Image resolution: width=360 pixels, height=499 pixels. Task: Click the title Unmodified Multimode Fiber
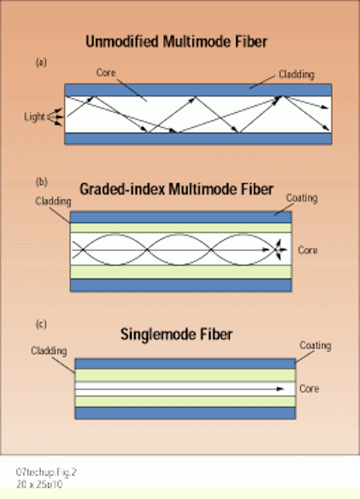(x=176, y=41)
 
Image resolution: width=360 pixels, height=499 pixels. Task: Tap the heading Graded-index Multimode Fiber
(x=176, y=189)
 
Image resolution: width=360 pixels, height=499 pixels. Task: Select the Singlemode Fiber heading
(x=176, y=334)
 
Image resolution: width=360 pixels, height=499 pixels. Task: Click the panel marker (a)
(x=41, y=62)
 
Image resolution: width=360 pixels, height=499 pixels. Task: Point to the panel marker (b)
(x=41, y=182)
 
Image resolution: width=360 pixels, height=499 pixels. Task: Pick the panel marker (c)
(x=41, y=324)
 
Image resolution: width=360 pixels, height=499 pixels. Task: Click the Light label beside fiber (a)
(x=34, y=117)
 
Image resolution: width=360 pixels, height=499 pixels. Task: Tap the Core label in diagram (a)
(x=106, y=73)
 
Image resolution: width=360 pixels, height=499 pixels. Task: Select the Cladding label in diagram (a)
(x=296, y=75)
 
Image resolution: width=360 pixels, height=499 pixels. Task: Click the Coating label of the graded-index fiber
(x=302, y=198)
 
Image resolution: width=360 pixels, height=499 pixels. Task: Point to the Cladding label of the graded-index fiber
(x=53, y=201)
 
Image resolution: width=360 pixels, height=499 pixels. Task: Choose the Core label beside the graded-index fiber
(x=308, y=250)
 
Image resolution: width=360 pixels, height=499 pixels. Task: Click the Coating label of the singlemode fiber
(x=315, y=345)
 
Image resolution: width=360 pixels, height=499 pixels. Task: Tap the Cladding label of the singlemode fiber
(x=48, y=351)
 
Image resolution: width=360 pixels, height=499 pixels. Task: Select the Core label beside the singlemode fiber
(x=309, y=388)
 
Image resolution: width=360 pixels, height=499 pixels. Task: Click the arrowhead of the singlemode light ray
(x=281, y=388)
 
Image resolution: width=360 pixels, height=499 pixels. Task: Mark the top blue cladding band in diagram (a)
(x=198, y=90)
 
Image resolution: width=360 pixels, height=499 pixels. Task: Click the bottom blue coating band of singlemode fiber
(x=185, y=412)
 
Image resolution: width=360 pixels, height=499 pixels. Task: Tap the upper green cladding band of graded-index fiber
(x=181, y=228)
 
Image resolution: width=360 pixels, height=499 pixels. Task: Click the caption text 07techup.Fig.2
(x=47, y=472)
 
